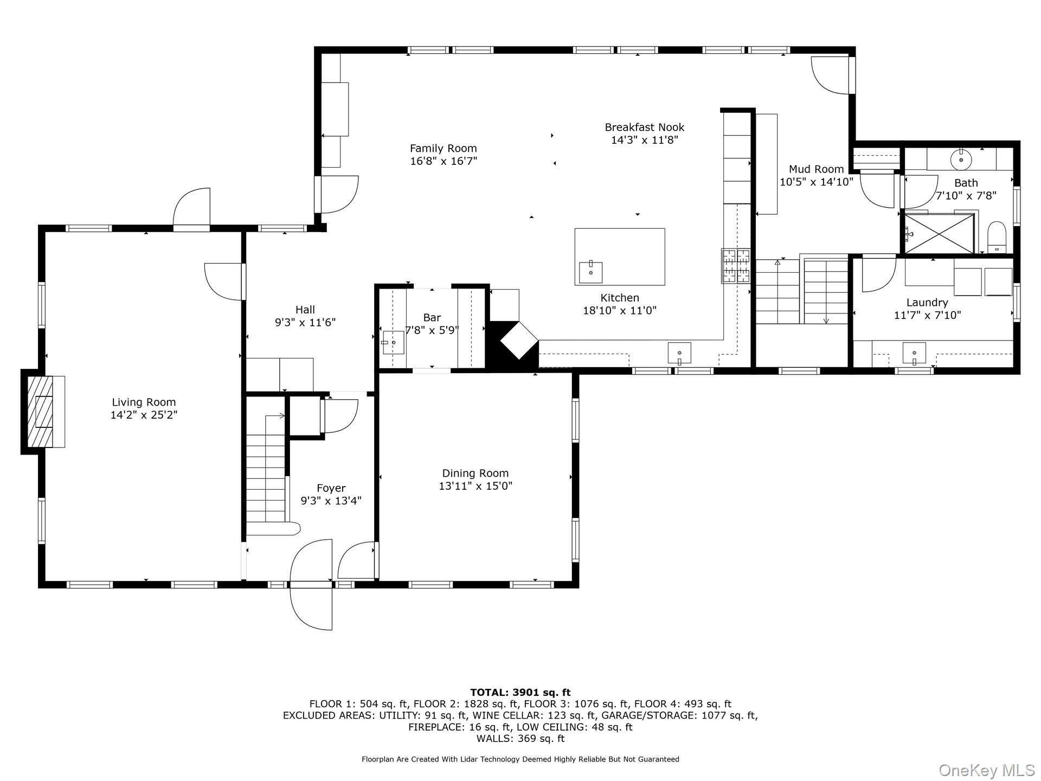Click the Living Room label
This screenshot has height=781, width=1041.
coord(144,402)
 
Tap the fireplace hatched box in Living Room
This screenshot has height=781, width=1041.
coord(41,412)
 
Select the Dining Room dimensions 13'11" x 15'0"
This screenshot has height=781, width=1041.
coord(475,486)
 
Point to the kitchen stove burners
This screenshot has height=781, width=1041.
coord(736,265)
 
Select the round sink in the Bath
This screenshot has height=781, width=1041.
coord(961,159)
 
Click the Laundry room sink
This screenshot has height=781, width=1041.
coord(914,354)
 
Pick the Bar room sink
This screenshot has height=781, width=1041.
coord(393,343)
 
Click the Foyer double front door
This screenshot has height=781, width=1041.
coord(311,585)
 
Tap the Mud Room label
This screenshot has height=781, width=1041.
coord(816,169)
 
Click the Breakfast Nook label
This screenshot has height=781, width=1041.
coord(644,127)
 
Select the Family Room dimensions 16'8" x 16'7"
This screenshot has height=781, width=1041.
coord(444,161)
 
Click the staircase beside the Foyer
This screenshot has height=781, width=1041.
coord(266,472)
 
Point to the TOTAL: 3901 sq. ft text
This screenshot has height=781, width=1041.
coord(520,692)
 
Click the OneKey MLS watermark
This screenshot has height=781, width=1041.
coord(986,770)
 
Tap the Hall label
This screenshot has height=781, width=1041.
coord(305,310)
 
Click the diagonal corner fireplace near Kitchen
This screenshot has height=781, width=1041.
coord(518,340)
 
